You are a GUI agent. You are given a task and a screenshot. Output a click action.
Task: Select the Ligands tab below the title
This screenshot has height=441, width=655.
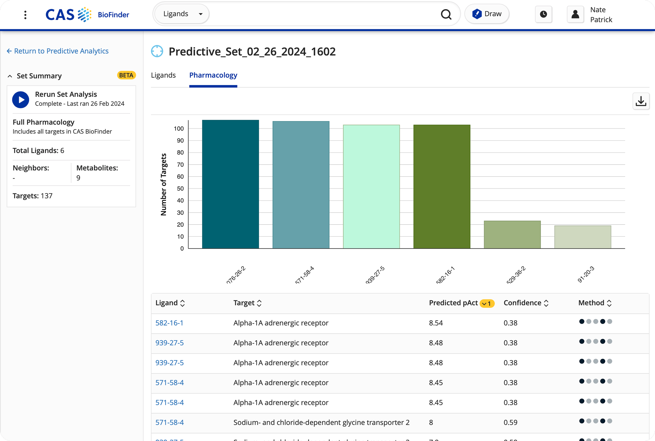163,75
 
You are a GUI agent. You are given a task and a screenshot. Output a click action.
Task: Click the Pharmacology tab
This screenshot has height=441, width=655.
213,75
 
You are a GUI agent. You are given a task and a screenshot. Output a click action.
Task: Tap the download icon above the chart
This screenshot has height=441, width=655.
641,101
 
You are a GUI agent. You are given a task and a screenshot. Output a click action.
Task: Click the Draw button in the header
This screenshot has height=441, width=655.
487,14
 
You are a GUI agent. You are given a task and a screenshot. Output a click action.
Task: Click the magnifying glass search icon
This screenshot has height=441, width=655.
446,14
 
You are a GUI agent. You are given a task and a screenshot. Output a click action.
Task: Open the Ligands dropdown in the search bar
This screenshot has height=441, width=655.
183,14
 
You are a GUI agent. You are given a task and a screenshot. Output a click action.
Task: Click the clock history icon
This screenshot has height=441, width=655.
543,14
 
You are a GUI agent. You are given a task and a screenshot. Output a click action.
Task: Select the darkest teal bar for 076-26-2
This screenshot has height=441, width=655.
230,184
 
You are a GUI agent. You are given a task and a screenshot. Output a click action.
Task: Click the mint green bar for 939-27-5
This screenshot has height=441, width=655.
371,187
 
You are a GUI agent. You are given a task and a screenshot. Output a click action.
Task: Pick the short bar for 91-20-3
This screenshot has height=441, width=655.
582,237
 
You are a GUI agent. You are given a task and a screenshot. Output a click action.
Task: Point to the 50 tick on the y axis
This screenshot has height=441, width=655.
180,188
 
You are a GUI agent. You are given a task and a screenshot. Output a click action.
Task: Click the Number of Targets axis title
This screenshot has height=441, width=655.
163,184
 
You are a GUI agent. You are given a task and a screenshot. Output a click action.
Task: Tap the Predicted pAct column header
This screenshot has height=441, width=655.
453,303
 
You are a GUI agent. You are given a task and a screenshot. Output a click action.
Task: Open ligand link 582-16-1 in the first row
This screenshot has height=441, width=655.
169,323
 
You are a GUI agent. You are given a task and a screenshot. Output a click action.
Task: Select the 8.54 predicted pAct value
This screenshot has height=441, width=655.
436,323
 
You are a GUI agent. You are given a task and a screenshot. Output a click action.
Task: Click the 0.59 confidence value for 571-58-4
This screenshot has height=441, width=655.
510,422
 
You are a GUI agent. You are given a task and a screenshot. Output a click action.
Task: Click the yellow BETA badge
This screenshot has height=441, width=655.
126,75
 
